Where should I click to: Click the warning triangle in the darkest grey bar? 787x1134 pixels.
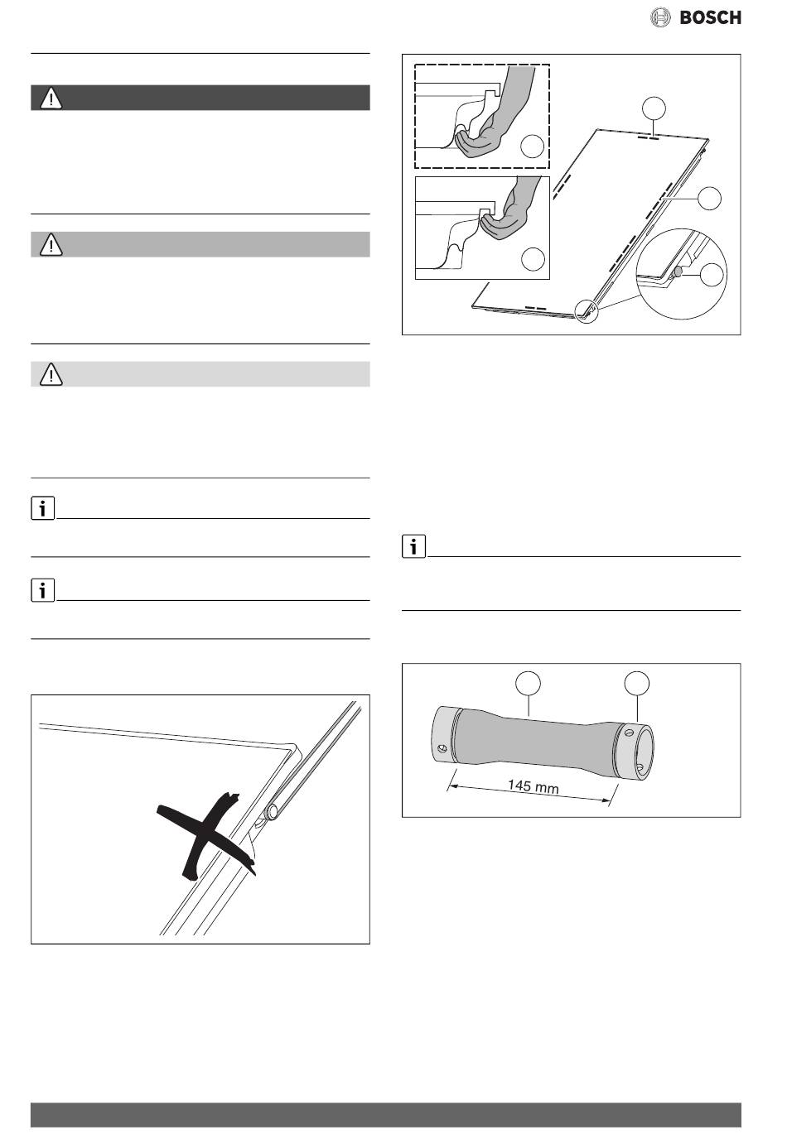[51, 99]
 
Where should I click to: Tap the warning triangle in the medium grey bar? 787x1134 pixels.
[51, 245]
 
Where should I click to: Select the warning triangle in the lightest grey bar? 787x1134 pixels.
[51, 375]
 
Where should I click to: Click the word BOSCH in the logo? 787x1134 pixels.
[710, 17]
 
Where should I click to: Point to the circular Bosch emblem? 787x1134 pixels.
[659, 17]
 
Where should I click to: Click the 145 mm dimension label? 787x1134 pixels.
[533, 787]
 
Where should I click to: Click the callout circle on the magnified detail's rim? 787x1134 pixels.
[710, 275]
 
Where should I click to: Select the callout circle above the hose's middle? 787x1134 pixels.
[528, 683]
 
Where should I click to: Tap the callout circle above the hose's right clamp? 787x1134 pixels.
[636, 683]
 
